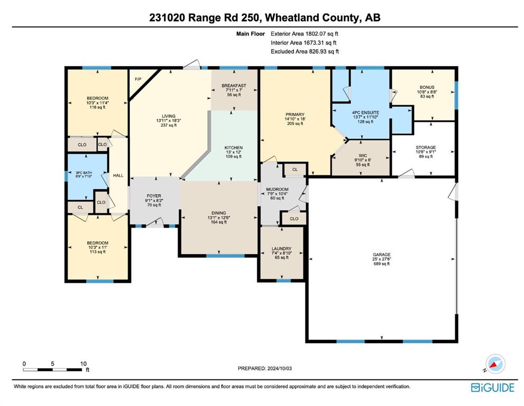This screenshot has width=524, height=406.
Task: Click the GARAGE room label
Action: (x=382, y=255)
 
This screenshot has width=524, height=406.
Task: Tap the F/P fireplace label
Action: (x=138, y=79)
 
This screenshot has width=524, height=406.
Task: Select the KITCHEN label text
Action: (x=234, y=147)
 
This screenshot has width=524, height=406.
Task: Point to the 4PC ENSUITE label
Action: (x=365, y=113)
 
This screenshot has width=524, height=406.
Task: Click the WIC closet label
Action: (x=363, y=155)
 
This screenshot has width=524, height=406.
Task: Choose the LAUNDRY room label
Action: (x=281, y=248)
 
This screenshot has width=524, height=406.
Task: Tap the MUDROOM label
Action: (x=278, y=189)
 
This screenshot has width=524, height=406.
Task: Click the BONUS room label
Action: (x=427, y=87)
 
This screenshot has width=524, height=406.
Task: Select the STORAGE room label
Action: (x=426, y=147)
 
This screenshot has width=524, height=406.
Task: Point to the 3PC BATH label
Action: (x=83, y=173)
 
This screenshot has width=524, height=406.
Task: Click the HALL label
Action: (x=118, y=176)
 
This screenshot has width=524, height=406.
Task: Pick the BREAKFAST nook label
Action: (x=234, y=86)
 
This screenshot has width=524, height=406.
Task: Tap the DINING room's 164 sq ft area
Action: (x=219, y=222)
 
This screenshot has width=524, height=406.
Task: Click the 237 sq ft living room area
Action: (x=169, y=125)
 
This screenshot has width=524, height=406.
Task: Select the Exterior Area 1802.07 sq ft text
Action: (x=304, y=33)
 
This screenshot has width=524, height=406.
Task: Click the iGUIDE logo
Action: (x=492, y=387)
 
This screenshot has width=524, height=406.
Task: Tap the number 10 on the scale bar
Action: (x=83, y=364)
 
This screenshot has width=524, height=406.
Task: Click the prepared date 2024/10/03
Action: (x=279, y=368)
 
